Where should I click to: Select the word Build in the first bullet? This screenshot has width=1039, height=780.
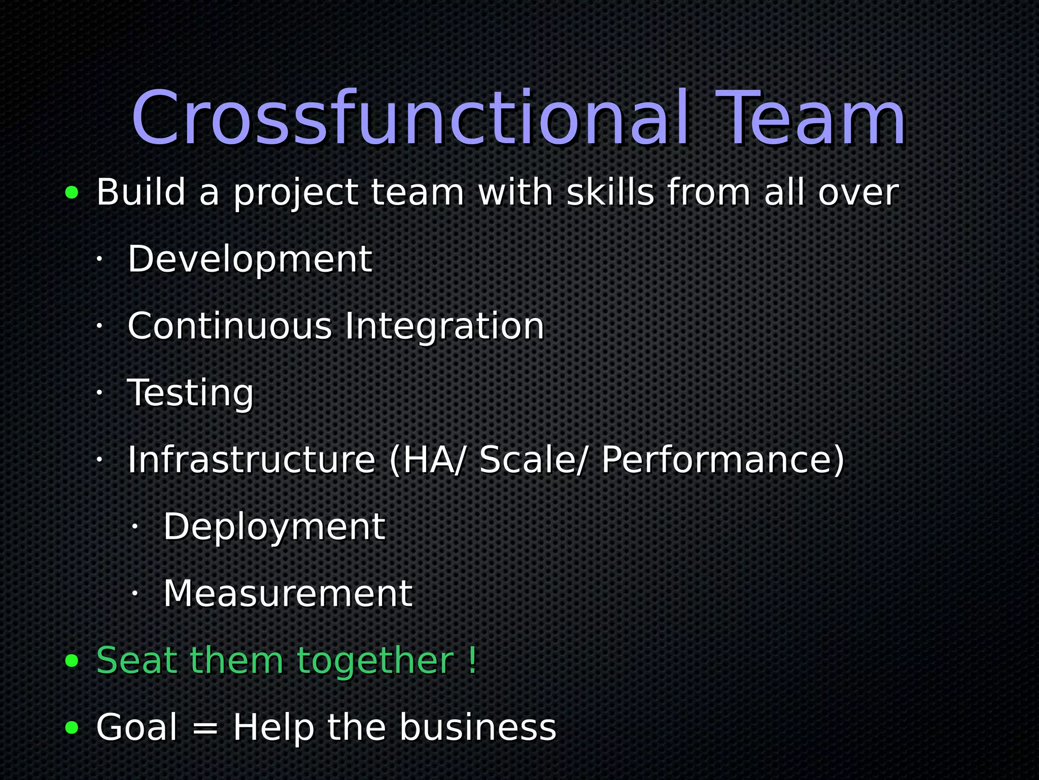point(141,192)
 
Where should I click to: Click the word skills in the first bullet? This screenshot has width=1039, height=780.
point(610,192)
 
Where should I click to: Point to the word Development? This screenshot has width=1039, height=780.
point(250,259)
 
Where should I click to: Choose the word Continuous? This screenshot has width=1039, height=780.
point(229,326)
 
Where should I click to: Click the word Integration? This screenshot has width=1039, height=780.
point(444,326)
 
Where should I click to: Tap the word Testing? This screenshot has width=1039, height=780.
point(190,393)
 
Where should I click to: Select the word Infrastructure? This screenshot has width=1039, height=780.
point(251,460)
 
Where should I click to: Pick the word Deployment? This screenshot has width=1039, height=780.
point(274,527)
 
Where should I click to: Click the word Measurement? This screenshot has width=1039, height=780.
point(288,594)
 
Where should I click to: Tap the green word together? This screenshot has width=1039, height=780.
point(375,661)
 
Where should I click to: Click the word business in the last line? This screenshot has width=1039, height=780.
point(478,727)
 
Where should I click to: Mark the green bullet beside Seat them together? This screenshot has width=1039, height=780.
point(72,661)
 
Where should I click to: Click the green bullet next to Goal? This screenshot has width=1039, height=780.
point(72,728)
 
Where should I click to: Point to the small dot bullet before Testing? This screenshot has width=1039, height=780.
point(99,393)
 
